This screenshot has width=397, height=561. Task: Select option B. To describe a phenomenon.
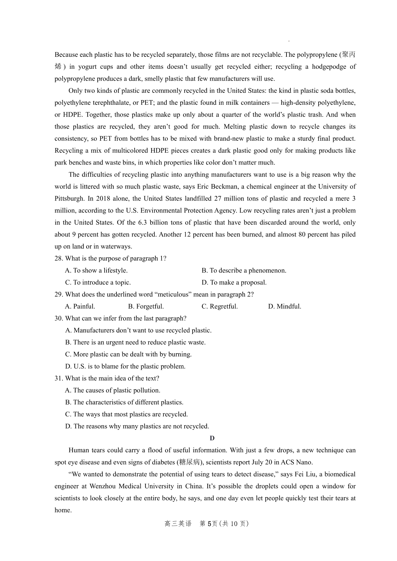tap(244, 270)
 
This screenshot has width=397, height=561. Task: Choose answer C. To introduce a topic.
tap(98, 282)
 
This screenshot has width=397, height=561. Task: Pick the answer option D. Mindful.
tap(285, 306)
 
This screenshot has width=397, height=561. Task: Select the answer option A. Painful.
tap(80, 306)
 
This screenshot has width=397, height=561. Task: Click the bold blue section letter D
tap(212, 438)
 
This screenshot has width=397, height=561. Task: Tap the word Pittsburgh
tap(69, 199)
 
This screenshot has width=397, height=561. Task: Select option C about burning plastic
tap(128, 354)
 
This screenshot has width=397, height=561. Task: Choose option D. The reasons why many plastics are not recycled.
tap(137, 426)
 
